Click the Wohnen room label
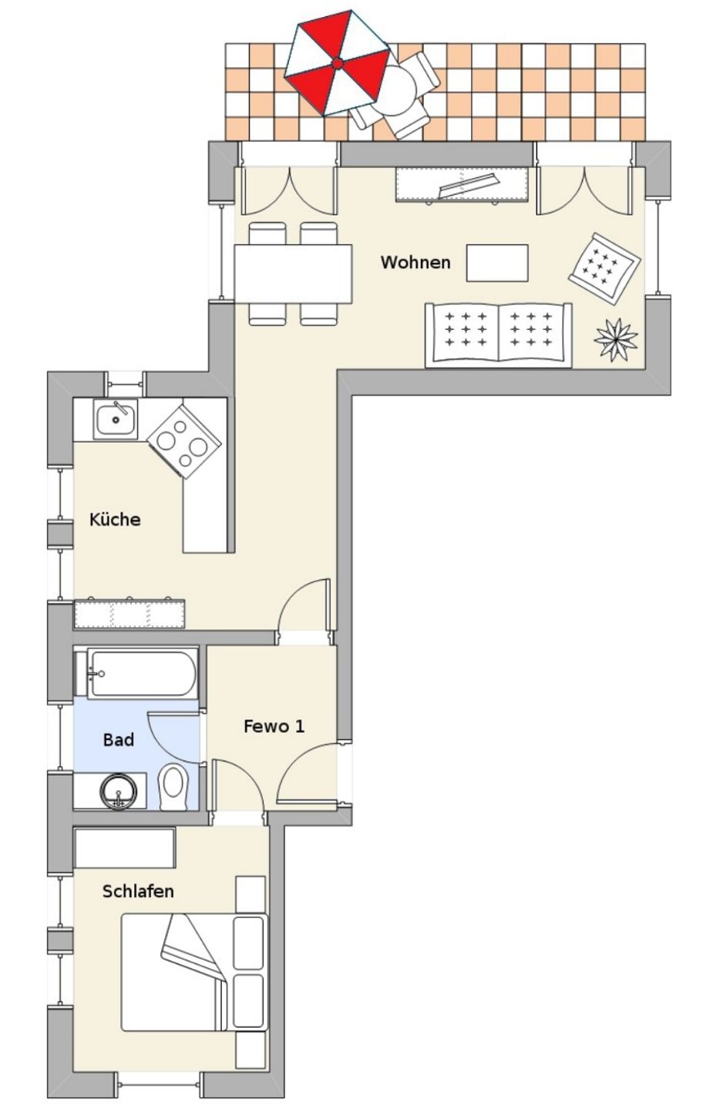click(415, 262)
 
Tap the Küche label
click(115, 519)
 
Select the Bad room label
click(119, 739)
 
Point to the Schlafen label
click(138, 891)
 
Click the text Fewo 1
click(274, 726)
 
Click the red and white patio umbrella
click(337, 63)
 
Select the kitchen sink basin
click(116, 419)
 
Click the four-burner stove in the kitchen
click(184, 442)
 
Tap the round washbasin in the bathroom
click(119, 792)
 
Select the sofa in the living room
click(499, 335)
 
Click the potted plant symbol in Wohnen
click(615, 340)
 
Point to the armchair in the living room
click(604, 268)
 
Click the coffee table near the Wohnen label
click(497, 263)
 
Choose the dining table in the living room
click(293, 274)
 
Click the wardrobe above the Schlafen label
click(124, 847)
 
